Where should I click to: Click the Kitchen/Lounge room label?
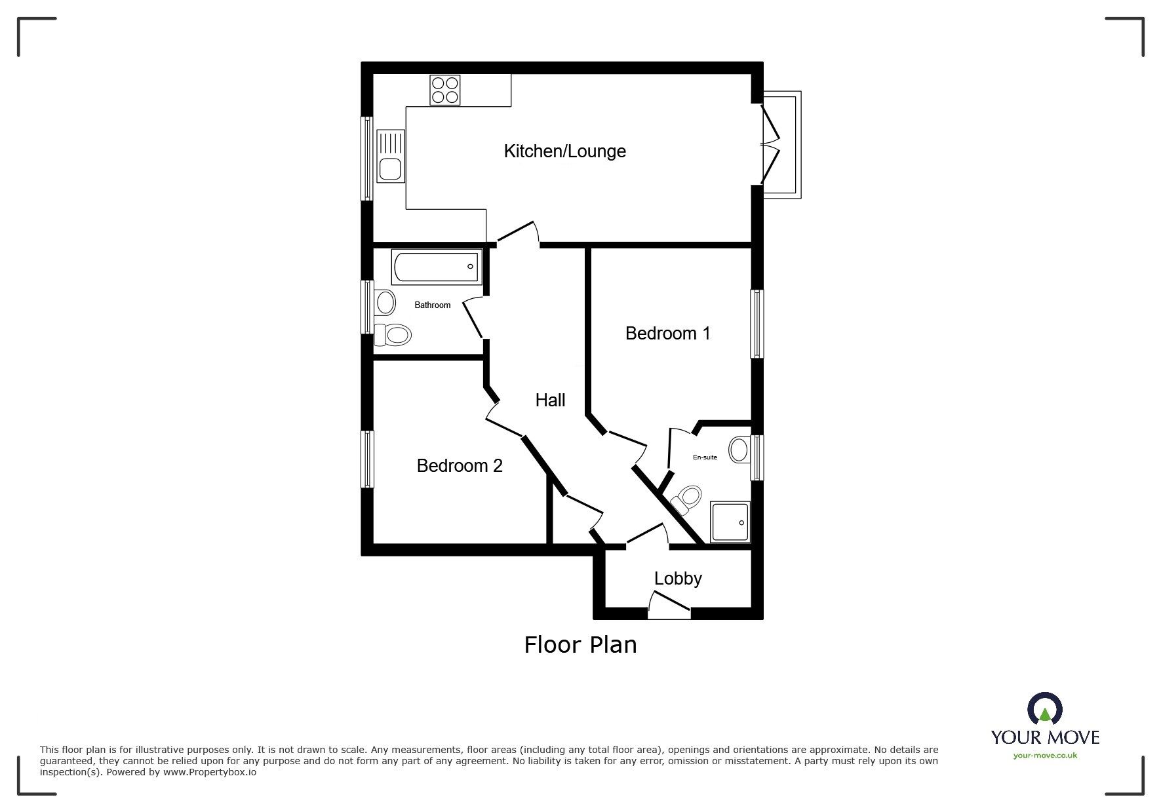coord(564,151)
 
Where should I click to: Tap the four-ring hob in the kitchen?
coord(445,90)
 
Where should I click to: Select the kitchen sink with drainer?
coord(391,156)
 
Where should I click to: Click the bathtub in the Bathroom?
coord(437,266)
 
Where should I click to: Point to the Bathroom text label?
coord(432,305)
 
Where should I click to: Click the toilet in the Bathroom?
coord(393,335)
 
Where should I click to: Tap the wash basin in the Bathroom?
coord(385,303)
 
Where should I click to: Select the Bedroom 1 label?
coord(667,334)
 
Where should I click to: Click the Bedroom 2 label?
coord(460,466)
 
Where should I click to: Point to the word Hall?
coord(550,400)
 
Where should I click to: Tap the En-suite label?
coord(705,457)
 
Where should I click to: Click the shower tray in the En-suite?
coord(730,522)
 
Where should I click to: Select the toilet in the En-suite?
coord(686,499)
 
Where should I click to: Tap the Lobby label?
coord(678,579)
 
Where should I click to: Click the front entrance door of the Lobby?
coord(669,606)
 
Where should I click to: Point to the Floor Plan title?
coord(580,645)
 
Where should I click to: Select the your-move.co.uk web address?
coord(1045,756)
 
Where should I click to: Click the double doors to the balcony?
coord(771,144)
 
